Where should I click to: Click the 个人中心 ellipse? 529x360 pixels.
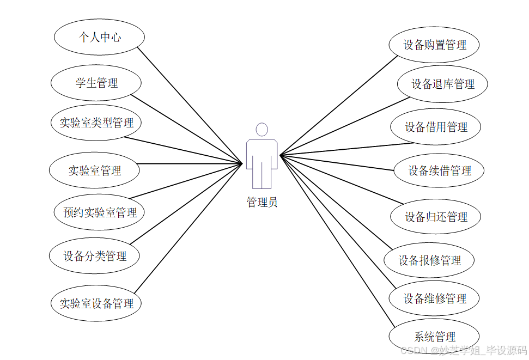[99, 37]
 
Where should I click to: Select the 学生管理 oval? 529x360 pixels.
[96, 83]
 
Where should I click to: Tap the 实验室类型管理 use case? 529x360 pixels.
[96, 123]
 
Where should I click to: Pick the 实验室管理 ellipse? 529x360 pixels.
[94, 170]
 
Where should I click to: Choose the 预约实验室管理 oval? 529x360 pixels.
[100, 212]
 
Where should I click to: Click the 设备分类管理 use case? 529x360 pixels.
[94, 256]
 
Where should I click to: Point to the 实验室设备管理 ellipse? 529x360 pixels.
[96, 303]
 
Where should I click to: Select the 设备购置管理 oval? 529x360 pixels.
[434, 45]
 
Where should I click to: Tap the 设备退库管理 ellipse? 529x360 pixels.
[442, 84]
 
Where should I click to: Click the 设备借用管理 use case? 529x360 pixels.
[436, 127]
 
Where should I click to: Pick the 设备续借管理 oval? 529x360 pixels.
[439, 170]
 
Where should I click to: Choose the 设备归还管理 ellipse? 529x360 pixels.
[436, 217]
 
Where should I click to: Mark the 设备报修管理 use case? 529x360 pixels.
[429, 260]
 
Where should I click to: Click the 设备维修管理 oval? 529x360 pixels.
[434, 298]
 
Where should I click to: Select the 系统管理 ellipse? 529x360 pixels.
[434, 337]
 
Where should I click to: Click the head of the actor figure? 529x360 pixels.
[262, 130]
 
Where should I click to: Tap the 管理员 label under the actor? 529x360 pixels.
[262, 203]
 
